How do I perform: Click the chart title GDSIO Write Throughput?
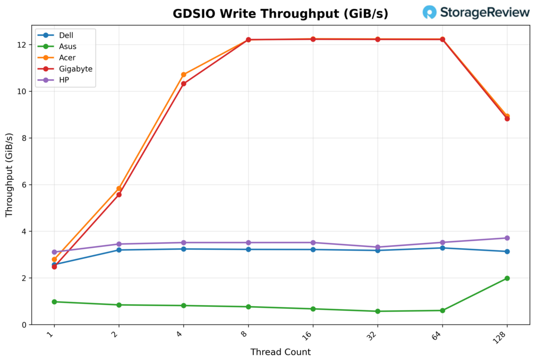(280, 14)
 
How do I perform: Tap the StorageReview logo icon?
(429, 13)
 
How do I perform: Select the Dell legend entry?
(66, 35)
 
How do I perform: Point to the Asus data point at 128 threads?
(507, 278)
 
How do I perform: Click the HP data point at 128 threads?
(507, 238)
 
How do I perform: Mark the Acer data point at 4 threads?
(183, 75)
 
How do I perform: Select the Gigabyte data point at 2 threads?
(119, 195)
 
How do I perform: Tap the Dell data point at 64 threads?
(443, 248)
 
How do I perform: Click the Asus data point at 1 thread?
(54, 301)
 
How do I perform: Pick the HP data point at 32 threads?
(378, 247)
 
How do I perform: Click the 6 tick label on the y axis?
(24, 185)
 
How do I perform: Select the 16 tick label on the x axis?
(311, 334)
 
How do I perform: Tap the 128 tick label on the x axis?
(504, 335)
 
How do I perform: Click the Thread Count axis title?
(281, 352)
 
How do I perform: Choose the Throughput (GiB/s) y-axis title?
(9, 175)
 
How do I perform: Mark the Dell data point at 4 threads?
(183, 249)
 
